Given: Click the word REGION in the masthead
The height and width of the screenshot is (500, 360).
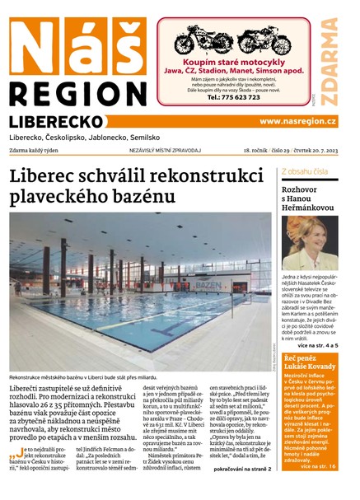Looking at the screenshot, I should [76, 94].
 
